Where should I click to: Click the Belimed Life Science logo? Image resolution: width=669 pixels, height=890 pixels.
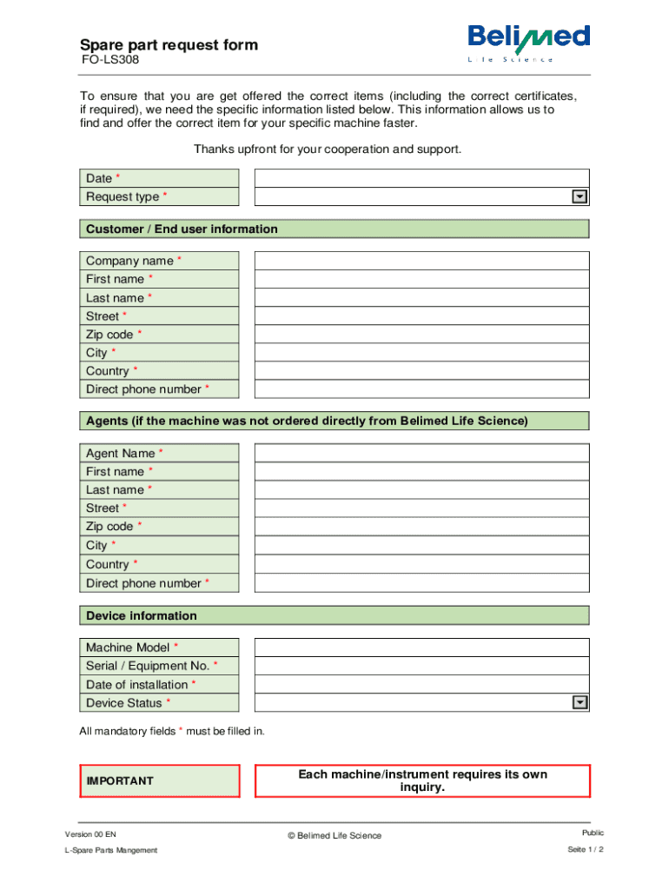pos(528,42)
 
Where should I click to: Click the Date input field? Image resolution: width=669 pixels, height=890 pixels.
pos(421,178)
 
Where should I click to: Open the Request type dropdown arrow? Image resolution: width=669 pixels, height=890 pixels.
pos(580,197)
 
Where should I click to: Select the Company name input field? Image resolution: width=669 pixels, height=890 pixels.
pos(421,261)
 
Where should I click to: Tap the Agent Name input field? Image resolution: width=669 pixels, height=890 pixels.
pos(421,453)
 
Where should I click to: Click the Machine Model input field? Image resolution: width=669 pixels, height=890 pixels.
pos(421,648)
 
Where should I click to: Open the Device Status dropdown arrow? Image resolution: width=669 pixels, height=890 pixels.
pos(580,703)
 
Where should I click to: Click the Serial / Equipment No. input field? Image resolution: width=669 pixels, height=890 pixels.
pos(421,666)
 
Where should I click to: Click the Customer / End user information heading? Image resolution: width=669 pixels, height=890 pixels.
pos(182,229)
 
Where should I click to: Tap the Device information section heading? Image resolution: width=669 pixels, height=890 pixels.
pos(142,616)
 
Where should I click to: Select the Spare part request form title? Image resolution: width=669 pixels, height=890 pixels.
pos(169,45)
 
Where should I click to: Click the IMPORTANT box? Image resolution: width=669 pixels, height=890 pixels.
pos(160,780)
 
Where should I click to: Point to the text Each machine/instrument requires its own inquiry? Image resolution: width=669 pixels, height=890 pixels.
pos(422,780)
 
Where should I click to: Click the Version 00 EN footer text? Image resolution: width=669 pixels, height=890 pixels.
pos(90,834)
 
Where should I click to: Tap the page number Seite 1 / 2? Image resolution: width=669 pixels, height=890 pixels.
pos(585,849)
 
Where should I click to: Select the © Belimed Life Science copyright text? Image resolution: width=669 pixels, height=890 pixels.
pos(334,836)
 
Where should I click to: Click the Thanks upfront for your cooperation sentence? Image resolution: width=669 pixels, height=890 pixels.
pos(328,149)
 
